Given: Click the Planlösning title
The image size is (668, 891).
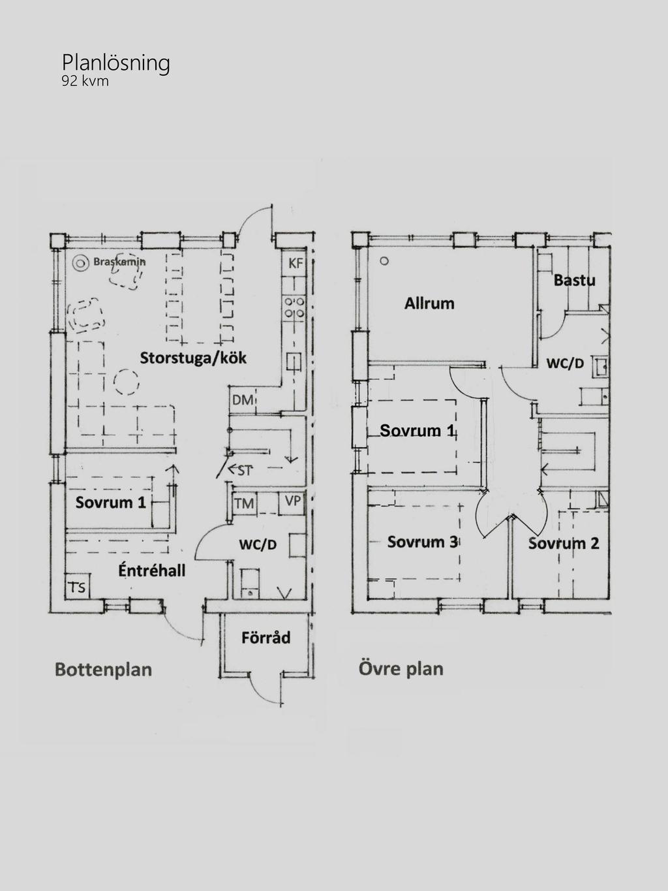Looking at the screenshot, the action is [x=116, y=64].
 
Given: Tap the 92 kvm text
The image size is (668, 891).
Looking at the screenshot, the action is [x=85, y=81].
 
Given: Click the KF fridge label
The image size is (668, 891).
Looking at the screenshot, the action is [x=296, y=263].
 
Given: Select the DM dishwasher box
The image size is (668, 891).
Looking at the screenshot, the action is [x=242, y=400].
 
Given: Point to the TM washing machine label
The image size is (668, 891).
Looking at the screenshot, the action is [x=244, y=504].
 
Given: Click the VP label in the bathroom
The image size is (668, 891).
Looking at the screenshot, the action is [x=293, y=501].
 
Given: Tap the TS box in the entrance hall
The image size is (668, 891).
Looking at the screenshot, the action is [x=77, y=587].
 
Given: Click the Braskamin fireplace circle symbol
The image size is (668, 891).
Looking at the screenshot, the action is [x=80, y=264].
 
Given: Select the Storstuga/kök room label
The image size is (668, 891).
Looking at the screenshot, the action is [x=193, y=358].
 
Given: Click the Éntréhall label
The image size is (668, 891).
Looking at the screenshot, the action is [x=152, y=571].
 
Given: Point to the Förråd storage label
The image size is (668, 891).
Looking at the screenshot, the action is [x=266, y=638].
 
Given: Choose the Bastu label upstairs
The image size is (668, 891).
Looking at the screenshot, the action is [x=575, y=280].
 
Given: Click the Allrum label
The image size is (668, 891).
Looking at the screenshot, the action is [x=429, y=304].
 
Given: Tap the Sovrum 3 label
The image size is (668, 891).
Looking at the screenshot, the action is [x=423, y=542].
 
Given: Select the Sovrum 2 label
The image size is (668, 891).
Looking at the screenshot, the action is [x=564, y=544].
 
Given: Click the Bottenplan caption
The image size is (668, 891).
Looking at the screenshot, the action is [x=104, y=670].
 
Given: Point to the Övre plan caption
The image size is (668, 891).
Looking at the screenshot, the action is [x=401, y=669].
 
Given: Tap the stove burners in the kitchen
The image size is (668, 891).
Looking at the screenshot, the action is [x=294, y=307].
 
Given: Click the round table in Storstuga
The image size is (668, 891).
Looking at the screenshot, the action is [x=126, y=382].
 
